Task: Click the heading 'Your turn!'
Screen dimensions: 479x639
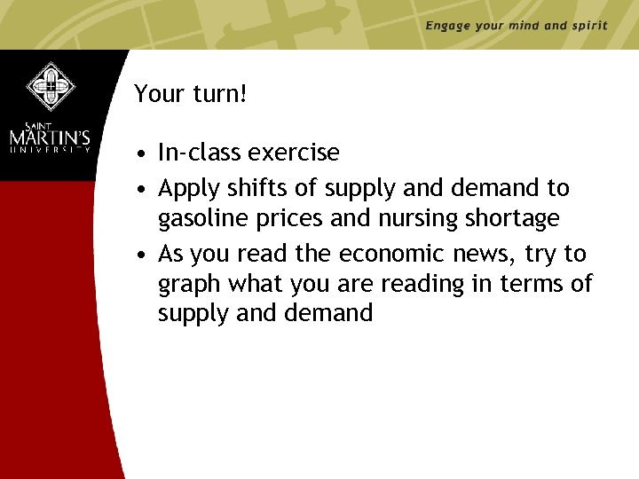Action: click(x=190, y=93)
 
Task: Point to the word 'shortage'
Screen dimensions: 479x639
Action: click(x=517, y=218)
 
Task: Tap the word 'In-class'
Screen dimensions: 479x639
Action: click(x=200, y=153)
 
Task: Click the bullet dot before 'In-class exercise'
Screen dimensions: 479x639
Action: click(x=142, y=153)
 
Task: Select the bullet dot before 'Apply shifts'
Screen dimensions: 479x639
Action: click(x=142, y=190)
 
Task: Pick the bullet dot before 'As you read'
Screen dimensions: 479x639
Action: click(x=142, y=255)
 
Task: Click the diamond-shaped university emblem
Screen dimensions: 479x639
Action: click(x=51, y=85)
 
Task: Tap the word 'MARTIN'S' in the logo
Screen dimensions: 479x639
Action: click(x=51, y=139)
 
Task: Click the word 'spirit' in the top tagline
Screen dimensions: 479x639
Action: click(x=588, y=26)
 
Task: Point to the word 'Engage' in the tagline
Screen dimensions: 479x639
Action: click(x=448, y=26)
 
